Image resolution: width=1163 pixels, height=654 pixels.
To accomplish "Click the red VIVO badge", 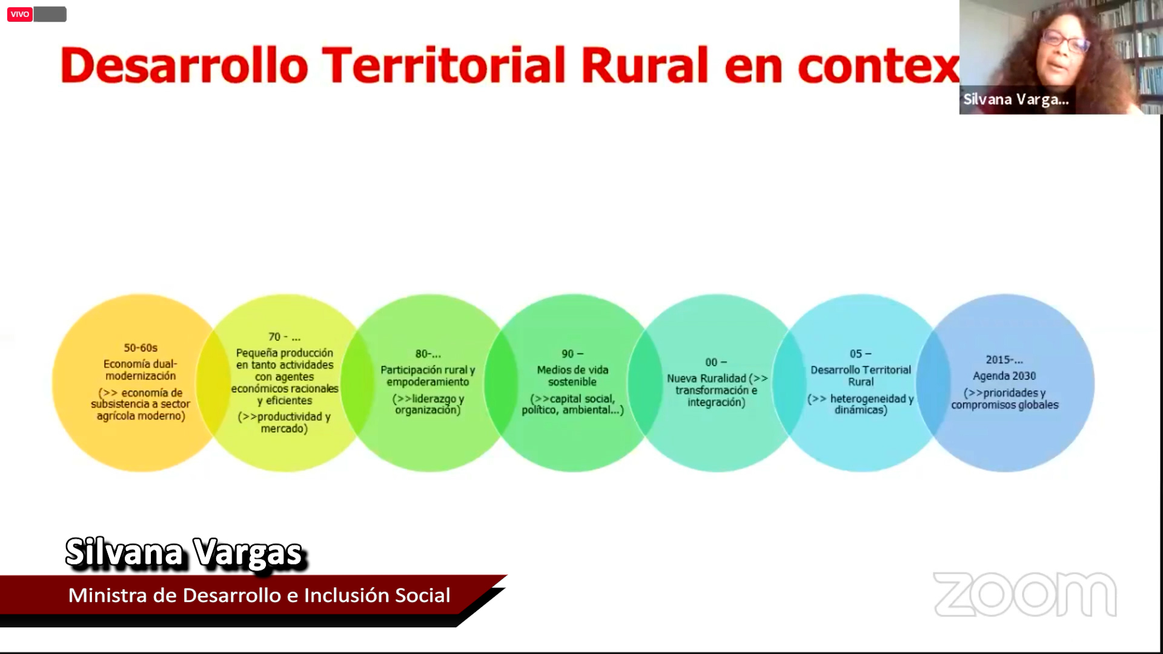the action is pyautogui.click(x=19, y=14).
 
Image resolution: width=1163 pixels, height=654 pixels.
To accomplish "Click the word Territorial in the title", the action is pyautogui.click(x=443, y=65).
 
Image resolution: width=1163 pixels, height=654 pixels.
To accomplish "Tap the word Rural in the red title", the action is pyautogui.click(x=644, y=65).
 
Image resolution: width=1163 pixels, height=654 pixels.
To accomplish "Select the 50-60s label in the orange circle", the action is pyautogui.click(x=141, y=348).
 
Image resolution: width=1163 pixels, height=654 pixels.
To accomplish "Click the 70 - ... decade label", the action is pyautogui.click(x=284, y=337).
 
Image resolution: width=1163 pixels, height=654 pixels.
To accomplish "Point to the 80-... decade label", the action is pyautogui.click(x=428, y=354).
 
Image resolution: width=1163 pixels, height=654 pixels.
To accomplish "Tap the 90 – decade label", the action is pyautogui.click(x=572, y=354).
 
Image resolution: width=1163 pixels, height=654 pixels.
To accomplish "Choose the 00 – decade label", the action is pyautogui.click(x=716, y=362).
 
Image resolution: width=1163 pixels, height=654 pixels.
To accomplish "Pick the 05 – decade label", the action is pyautogui.click(x=860, y=354).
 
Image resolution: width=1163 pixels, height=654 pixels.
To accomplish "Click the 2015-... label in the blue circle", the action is pyautogui.click(x=1004, y=360).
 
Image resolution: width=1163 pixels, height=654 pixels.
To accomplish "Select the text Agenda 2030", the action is pyautogui.click(x=1004, y=376).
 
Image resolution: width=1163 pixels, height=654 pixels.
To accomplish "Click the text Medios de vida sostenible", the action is pyautogui.click(x=572, y=376).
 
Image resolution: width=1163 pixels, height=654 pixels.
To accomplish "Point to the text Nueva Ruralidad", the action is pyautogui.click(x=706, y=378).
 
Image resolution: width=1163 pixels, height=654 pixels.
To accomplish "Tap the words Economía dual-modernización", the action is pyautogui.click(x=141, y=370).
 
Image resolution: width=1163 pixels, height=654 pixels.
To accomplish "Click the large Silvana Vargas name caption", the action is pyautogui.click(x=184, y=553).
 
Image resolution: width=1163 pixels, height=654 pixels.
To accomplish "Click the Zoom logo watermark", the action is pyautogui.click(x=1025, y=594).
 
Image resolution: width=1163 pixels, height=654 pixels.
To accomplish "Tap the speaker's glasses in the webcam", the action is pyautogui.click(x=1065, y=41).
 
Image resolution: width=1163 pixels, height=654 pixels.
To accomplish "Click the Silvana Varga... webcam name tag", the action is pyautogui.click(x=1016, y=100).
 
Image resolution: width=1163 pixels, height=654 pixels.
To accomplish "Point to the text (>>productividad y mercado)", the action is pyautogui.click(x=284, y=423).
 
